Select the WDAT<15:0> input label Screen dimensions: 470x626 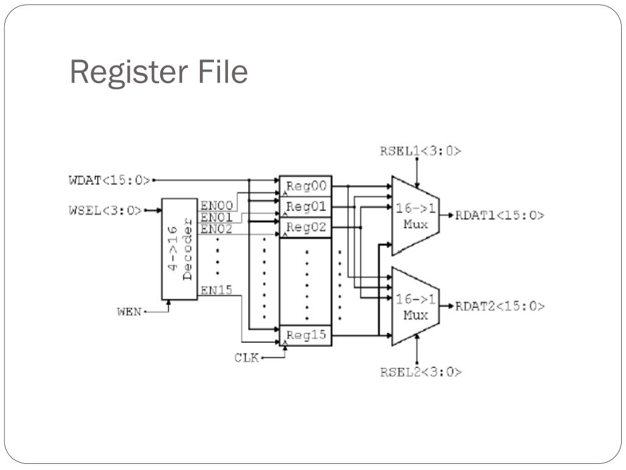[x=109, y=180]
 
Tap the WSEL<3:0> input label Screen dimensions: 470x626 [x=105, y=211]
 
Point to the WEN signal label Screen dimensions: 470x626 [x=129, y=311]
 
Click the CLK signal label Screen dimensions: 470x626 [x=246, y=357]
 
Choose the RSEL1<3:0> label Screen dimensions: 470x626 [x=421, y=151]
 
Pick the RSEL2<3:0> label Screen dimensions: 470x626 [x=421, y=371]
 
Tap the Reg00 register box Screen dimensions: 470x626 [x=305, y=186]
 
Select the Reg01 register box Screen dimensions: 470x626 [x=305, y=207]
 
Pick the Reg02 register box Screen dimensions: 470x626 [x=305, y=228]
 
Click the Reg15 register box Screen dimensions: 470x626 [x=305, y=335]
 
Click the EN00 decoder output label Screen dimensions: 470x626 [x=216, y=206]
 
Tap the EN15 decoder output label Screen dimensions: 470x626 [x=216, y=290]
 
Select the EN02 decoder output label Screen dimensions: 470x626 [x=216, y=228]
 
